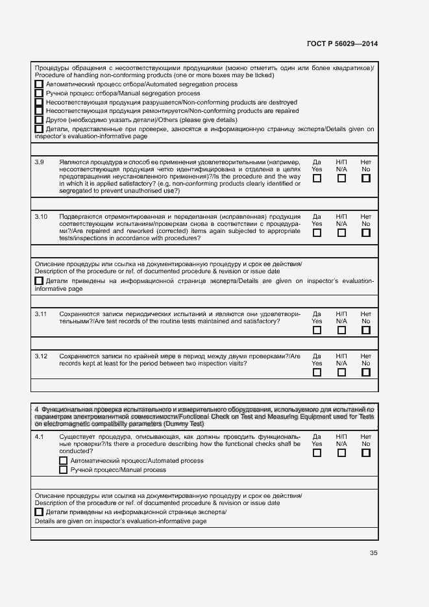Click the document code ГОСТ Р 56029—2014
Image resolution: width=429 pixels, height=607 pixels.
click(341, 43)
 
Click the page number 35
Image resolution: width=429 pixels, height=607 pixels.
click(373, 553)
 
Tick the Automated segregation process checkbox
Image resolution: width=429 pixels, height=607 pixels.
click(39, 84)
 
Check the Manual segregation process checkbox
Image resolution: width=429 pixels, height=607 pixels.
click(39, 93)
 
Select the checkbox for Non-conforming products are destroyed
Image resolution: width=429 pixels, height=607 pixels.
click(39, 103)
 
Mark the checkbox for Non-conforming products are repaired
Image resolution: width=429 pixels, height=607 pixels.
click(39, 111)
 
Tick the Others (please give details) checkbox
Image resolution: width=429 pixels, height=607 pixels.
click(39, 120)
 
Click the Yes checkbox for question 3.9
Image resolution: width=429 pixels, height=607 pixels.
click(317, 179)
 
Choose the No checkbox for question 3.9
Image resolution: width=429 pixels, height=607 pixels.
click(366, 179)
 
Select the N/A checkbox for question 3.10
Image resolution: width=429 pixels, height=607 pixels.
click(341, 232)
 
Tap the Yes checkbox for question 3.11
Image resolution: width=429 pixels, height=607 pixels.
click(317, 330)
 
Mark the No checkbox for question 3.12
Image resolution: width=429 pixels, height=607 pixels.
click(366, 372)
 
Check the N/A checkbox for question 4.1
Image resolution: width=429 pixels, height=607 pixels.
click(341, 452)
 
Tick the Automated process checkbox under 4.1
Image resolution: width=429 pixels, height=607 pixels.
click(64, 461)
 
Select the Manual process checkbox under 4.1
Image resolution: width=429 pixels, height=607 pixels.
click(64, 470)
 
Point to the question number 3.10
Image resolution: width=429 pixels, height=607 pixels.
click(41, 216)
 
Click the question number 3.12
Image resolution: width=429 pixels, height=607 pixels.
click(41, 356)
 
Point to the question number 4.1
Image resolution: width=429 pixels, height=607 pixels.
click(39, 436)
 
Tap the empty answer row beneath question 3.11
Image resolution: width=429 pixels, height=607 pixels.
click(204, 343)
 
